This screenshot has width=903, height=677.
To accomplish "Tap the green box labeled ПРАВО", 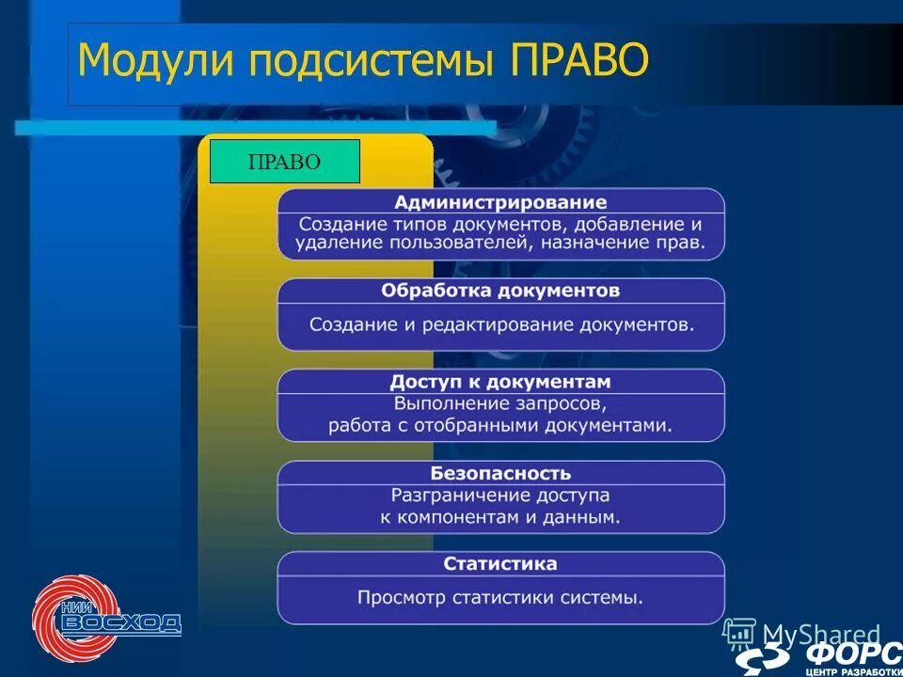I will (284, 161).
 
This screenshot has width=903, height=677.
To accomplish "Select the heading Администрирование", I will (500, 202).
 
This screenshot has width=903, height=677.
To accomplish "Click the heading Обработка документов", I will (500, 291).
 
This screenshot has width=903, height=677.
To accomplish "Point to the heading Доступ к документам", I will (500, 382).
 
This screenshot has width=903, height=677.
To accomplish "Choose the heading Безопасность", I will (500, 472).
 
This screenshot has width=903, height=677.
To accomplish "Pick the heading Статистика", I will (500, 563).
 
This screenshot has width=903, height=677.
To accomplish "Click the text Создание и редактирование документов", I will (501, 324).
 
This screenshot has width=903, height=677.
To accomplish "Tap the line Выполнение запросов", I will (500, 404).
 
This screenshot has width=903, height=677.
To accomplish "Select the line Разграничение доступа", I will (500, 495).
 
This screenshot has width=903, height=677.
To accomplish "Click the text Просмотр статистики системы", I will (500, 597).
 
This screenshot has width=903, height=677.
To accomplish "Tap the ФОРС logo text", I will (852, 653).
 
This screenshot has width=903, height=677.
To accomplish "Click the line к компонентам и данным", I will (500, 517).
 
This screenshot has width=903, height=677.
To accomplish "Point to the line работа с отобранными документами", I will (500, 426).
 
